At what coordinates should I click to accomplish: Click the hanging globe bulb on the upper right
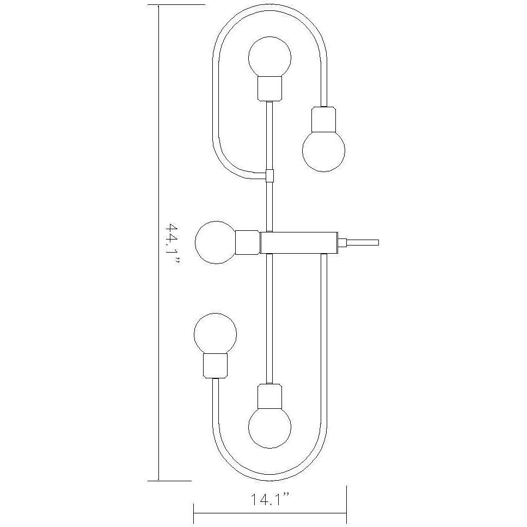(x=324, y=150)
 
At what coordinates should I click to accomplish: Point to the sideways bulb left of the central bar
(x=216, y=242)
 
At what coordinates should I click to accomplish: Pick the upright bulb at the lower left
(x=216, y=333)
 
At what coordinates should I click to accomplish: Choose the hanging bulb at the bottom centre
(x=269, y=427)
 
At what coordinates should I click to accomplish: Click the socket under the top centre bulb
(x=269, y=88)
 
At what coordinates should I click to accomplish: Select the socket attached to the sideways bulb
(x=248, y=242)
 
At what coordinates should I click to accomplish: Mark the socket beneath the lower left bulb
(x=216, y=365)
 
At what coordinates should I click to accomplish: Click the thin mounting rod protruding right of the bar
(x=363, y=242)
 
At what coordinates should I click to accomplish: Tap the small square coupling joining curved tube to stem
(x=269, y=175)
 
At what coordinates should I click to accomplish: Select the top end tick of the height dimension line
(x=158, y=4)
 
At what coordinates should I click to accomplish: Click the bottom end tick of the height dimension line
(x=158, y=481)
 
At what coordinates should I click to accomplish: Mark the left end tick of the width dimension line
(x=194, y=512)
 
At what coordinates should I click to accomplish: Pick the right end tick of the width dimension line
(x=347, y=512)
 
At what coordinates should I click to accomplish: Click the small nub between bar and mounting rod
(x=342, y=242)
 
